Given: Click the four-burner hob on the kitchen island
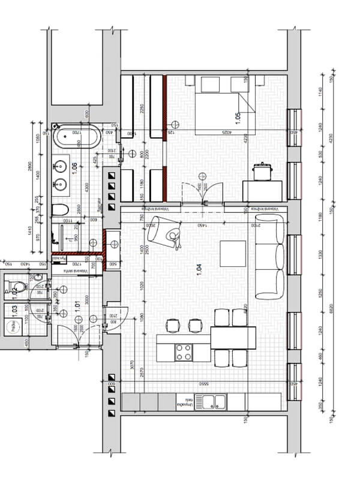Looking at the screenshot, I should [x=184, y=352].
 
